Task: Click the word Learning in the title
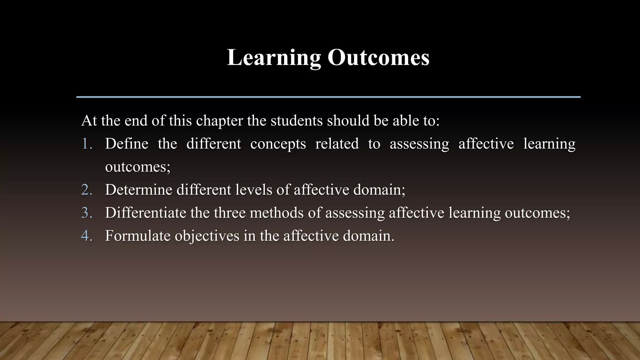tap(274, 57)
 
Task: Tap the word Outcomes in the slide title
tap(378, 57)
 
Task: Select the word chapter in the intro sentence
tap(219, 121)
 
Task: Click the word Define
tap(127, 144)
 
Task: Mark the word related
tap(337, 144)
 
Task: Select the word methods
tap(277, 213)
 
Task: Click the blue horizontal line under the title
tap(328, 97)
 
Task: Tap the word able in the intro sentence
tap(406, 121)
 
